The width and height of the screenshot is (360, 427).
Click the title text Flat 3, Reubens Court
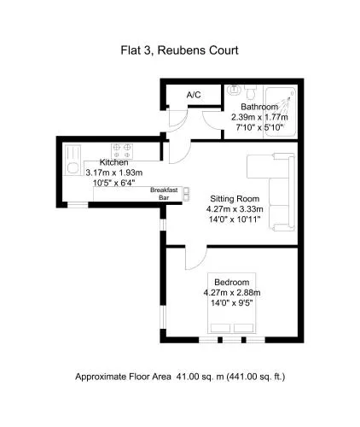click(179, 50)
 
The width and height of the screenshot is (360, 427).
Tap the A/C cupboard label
click(194, 95)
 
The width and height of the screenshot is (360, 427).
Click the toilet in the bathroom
click(251, 92)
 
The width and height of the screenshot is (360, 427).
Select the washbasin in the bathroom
click(234, 90)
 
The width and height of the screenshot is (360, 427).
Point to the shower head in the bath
click(293, 93)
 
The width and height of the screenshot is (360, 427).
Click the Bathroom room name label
click(259, 107)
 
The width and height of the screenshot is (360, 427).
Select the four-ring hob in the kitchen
click(122, 151)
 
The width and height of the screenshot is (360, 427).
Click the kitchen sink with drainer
click(73, 160)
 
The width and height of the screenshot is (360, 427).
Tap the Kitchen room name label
click(113, 162)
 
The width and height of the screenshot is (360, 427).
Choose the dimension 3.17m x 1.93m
click(114, 173)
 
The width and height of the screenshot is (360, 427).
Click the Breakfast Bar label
click(164, 194)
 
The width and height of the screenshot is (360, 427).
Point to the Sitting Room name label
click(235, 198)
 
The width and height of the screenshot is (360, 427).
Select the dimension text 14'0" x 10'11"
click(235, 219)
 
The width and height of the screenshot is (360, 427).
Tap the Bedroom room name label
click(232, 282)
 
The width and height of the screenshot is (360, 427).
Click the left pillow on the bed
click(220, 328)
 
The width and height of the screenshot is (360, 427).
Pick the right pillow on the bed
click(243, 328)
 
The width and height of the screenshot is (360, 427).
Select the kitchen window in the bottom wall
click(78, 205)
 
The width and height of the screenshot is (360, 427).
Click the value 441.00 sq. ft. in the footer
click(256, 377)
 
